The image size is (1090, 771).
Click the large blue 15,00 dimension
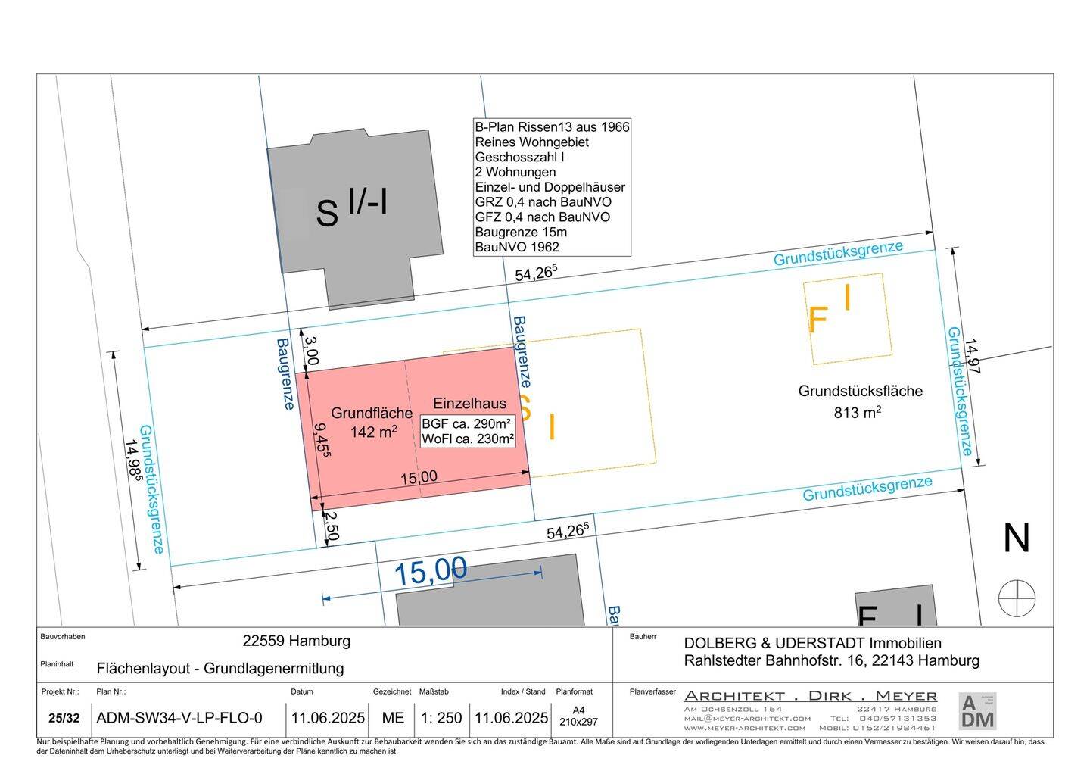(x=431, y=571)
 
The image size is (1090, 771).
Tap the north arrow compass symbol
(x=1017, y=598)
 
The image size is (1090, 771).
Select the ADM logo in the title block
(x=977, y=711)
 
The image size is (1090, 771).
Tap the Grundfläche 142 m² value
(x=374, y=432)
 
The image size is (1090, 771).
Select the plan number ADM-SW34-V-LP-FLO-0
(x=179, y=718)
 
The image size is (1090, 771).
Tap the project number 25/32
(x=64, y=718)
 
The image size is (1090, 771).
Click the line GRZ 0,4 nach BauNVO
(x=543, y=202)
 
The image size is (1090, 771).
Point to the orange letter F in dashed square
(x=817, y=320)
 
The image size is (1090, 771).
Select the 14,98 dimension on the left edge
(x=135, y=460)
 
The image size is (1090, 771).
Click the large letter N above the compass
(x=1017, y=539)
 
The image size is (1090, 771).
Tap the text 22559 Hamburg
(x=296, y=641)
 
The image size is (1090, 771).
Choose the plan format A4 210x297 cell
(x=578, y=716)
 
